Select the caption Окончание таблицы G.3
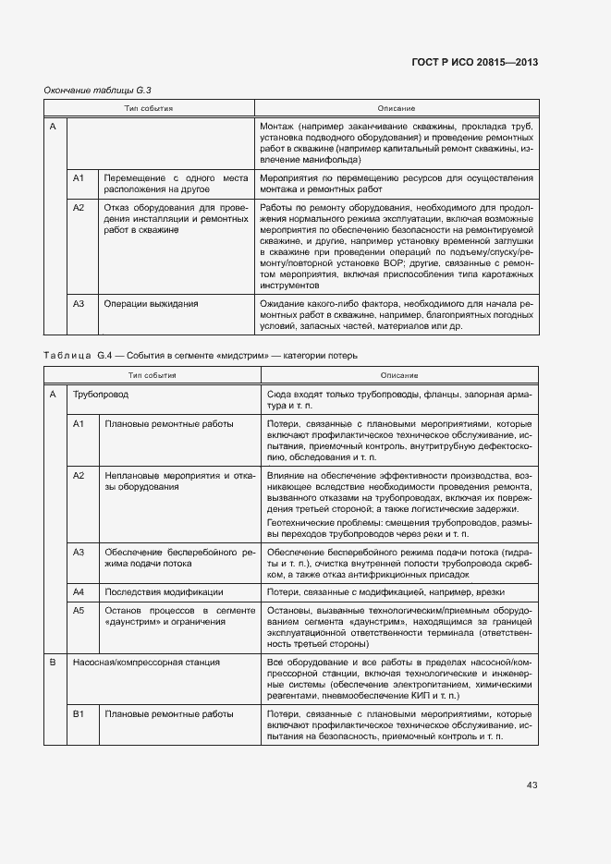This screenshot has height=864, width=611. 97,90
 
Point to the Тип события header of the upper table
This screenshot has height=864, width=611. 150,108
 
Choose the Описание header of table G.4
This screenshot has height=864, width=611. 398,375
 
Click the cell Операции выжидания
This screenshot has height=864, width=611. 151,303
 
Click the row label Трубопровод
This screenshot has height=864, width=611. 101,394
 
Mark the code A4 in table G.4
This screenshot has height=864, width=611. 79,591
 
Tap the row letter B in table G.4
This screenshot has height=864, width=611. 53,663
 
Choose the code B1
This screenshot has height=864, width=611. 79,714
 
